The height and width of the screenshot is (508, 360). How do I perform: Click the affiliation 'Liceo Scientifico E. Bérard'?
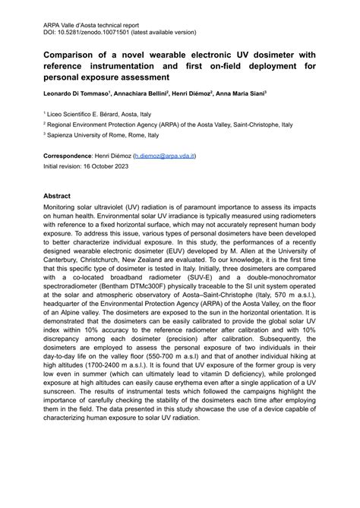click(96, 110)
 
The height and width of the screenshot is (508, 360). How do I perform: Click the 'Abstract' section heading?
click(58, 195)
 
